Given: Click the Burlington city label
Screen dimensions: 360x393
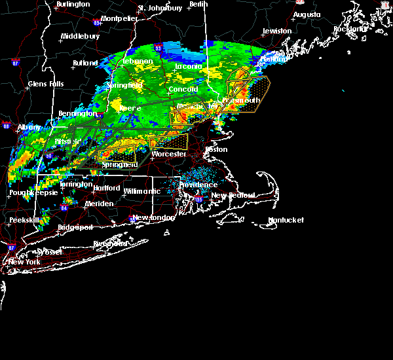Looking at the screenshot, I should tap(73, 5).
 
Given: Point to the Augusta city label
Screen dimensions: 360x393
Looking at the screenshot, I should tap(307, 14).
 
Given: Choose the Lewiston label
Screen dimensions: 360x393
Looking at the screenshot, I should tap(277, 31).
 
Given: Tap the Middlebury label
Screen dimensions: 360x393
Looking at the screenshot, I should tap(80, 36).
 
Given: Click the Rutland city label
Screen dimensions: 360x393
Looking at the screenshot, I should tap(85, 63).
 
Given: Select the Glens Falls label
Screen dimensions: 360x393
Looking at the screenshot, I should tap(46, 84).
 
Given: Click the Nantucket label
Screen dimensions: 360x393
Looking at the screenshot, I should tap(286, 221).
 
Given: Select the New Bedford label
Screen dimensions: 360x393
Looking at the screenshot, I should tap(229, 196).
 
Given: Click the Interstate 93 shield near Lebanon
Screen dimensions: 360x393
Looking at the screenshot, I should tap(159, 47).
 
